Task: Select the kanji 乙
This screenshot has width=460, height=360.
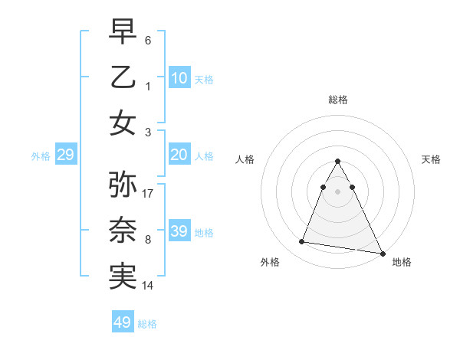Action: pyautogui.click(x=123, y=77)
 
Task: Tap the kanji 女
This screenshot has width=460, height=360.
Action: pyautogui.click(x=123, y=123)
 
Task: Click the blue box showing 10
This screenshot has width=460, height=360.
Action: pyautogui.click(x=179, y=78)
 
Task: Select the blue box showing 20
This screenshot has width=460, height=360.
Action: pyautogui.click(x=179, y=155)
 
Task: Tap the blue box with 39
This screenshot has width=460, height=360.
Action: pyautogui.click(x=179, y=231)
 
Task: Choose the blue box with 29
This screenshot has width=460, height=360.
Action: pyautogui.click(x=66, y=155)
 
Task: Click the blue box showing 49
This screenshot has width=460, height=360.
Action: pyautogui.click(x=123, y=322)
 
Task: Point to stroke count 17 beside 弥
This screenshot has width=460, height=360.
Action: pyautogui.click(x=149, y=194)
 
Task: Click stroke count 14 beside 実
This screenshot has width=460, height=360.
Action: pyautogui.click(x=149, y=286)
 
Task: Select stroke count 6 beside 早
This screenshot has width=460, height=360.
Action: pyautogui.click(x=148, y=39)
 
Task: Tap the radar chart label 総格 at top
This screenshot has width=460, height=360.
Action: pyautogui.click(x=338, y=100)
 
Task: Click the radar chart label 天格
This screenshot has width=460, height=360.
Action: pyautogui.click(x=432, y=159)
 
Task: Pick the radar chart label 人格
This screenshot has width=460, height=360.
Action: pyautogui.click(x=245, y=159)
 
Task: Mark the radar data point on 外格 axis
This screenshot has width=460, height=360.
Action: pyautogui.click(x=301, y=242)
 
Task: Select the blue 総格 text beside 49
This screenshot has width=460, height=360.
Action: pyautogui.click(x=147, y=323)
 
